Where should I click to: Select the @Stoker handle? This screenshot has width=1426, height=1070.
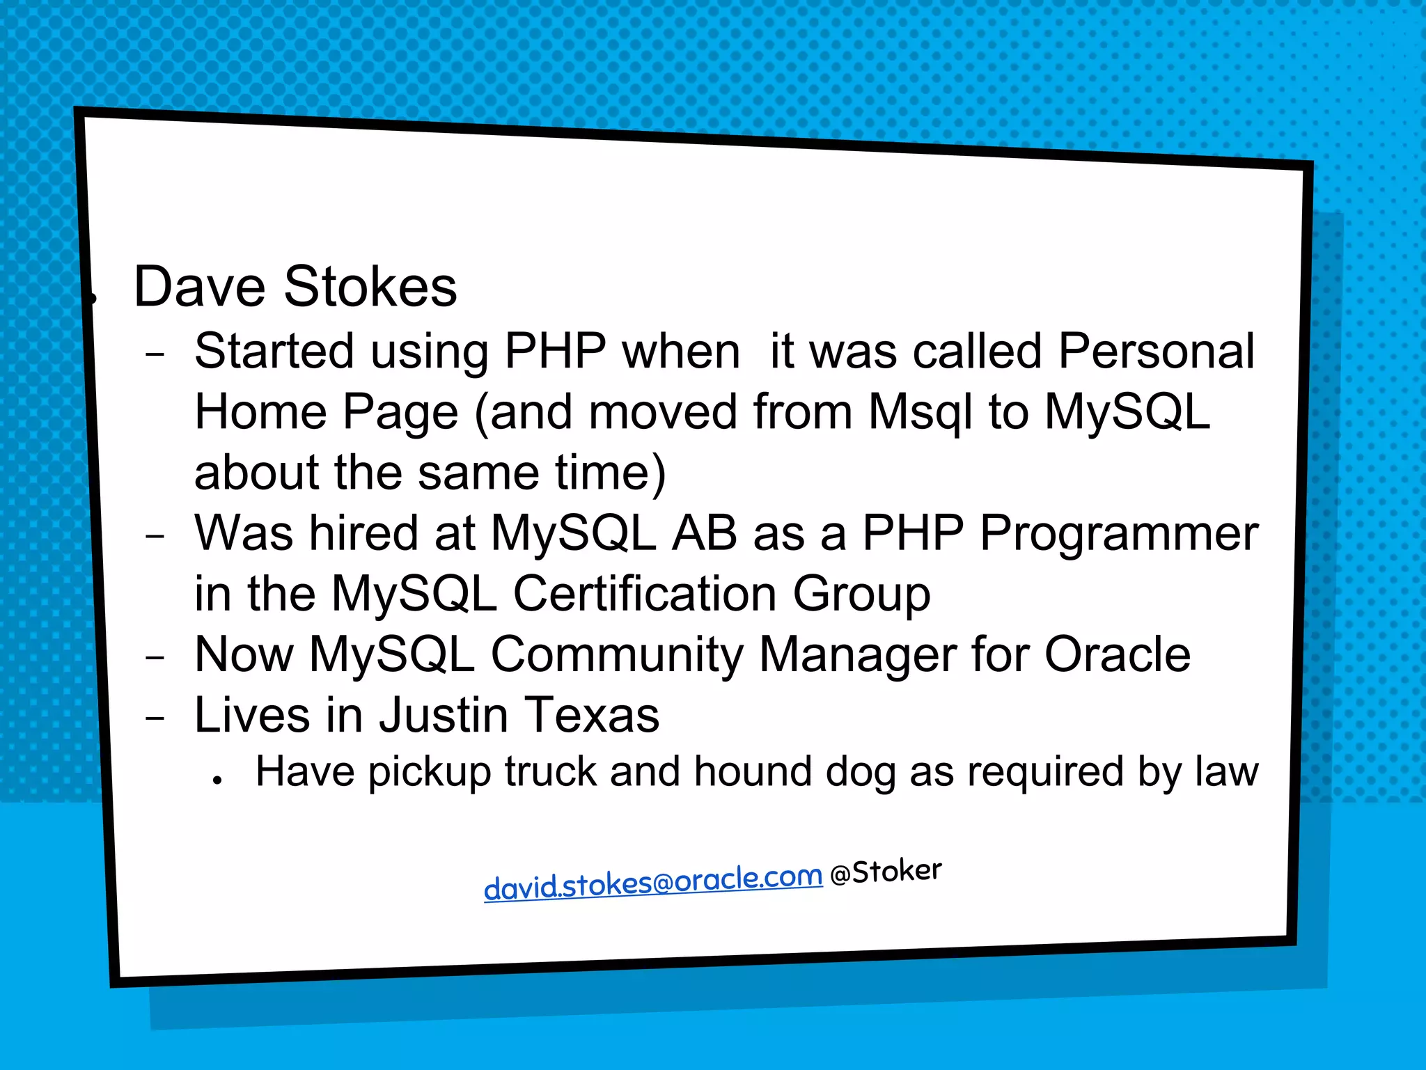point(886,872)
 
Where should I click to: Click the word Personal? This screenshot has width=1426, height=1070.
point(1157,352)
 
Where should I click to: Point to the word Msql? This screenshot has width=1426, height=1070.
point(919,412)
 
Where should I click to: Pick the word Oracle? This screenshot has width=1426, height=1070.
point(1118,655)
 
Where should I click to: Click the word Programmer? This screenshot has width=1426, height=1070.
point(1119,534)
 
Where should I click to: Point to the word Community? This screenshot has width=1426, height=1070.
point(617,655)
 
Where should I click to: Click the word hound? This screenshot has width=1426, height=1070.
point(753,772)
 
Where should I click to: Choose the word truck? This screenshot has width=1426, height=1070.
point(551,772)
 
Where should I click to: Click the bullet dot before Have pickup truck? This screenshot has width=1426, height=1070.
point(218,780)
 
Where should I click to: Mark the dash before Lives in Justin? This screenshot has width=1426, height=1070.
point(155,718)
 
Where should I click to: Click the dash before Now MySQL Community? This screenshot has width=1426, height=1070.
point(155,657)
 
